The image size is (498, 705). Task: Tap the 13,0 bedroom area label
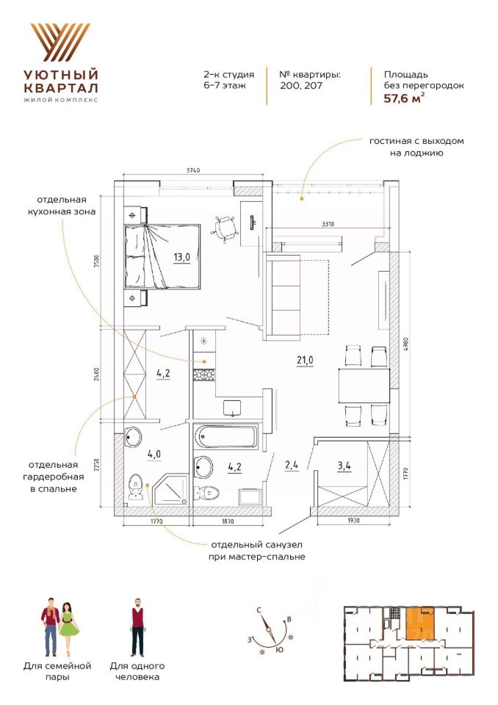click(x=182, y=257)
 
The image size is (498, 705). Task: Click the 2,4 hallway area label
click(x=292, y=464)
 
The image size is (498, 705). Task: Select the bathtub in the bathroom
click(x=228, y=438)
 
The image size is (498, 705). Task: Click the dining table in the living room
click(x=364, y=385)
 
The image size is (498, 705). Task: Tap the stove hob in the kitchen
click(x=203, y=375)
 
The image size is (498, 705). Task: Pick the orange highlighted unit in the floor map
click(x=419, y=624)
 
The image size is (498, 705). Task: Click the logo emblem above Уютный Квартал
click(x=60, y=42)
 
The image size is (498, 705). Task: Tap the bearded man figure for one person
click(x=137, y=628)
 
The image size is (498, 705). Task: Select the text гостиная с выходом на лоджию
click(x=417, y=147)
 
